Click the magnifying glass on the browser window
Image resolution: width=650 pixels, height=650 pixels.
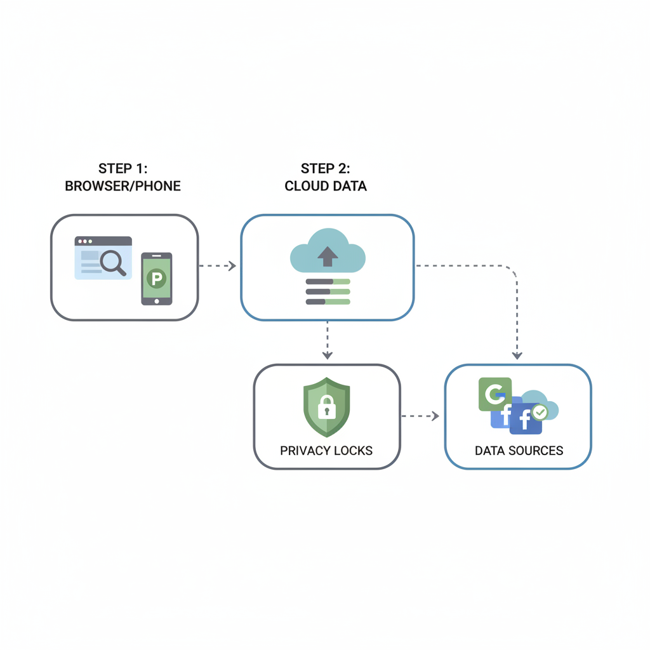tap(112, 262)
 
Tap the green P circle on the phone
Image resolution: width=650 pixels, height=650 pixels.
tap(156, 277)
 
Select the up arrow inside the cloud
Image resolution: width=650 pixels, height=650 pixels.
tap(328, 256)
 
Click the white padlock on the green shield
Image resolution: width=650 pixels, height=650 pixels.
tap(327, 408)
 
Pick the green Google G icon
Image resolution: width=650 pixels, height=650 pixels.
tap(494, 394)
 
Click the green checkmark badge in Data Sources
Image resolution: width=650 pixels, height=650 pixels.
tap(540, 413)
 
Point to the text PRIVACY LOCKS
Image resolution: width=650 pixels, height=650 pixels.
tap(326, 451)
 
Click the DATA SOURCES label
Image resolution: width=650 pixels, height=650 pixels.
tap(519, 451)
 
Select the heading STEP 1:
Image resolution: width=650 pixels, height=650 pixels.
tap(123, 169)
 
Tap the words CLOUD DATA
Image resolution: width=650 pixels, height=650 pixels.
tap(326, 187)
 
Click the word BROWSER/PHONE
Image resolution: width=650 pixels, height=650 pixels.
tap(123, 187)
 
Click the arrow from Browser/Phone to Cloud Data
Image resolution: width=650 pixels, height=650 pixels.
tap(218, 266)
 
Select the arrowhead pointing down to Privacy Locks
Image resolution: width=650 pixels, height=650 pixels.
tap(327, 354)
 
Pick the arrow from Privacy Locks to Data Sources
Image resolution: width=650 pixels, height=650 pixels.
tap(421, 416)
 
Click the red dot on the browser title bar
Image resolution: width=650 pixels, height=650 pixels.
tap(79, 242)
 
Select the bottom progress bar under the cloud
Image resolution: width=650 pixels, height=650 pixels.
tap(328, 302)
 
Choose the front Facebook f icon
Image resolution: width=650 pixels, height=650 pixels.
tap(525, 420)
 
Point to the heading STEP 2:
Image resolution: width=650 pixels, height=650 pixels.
tap(326, 169)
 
